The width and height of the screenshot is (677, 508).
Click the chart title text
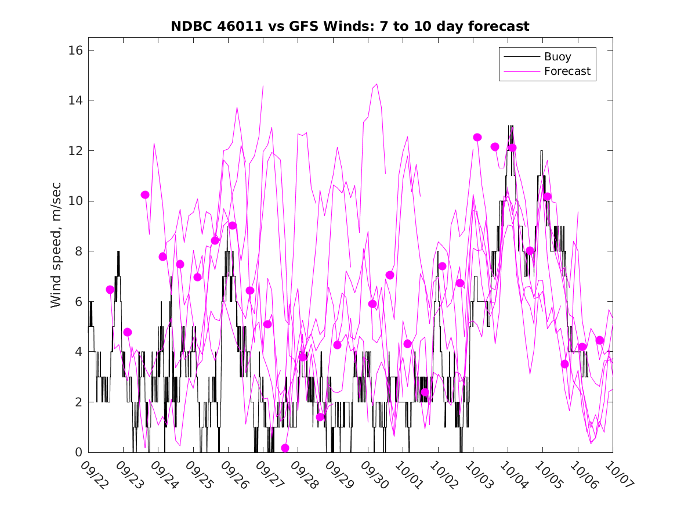350,27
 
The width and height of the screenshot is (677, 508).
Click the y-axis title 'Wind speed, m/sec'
56,251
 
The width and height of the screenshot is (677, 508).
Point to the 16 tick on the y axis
75,51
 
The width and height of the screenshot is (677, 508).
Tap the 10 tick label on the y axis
75,201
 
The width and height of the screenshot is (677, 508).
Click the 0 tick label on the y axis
78,452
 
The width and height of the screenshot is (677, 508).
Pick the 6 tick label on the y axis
78,302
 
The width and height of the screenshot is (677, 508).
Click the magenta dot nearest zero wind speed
285,448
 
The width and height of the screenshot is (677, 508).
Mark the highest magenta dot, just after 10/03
477,137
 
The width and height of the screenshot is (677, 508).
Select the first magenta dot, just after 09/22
110,290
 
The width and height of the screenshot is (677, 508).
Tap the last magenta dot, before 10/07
600,340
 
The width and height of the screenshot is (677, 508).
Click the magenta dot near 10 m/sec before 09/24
145,194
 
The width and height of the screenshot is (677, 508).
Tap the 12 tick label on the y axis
75,151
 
